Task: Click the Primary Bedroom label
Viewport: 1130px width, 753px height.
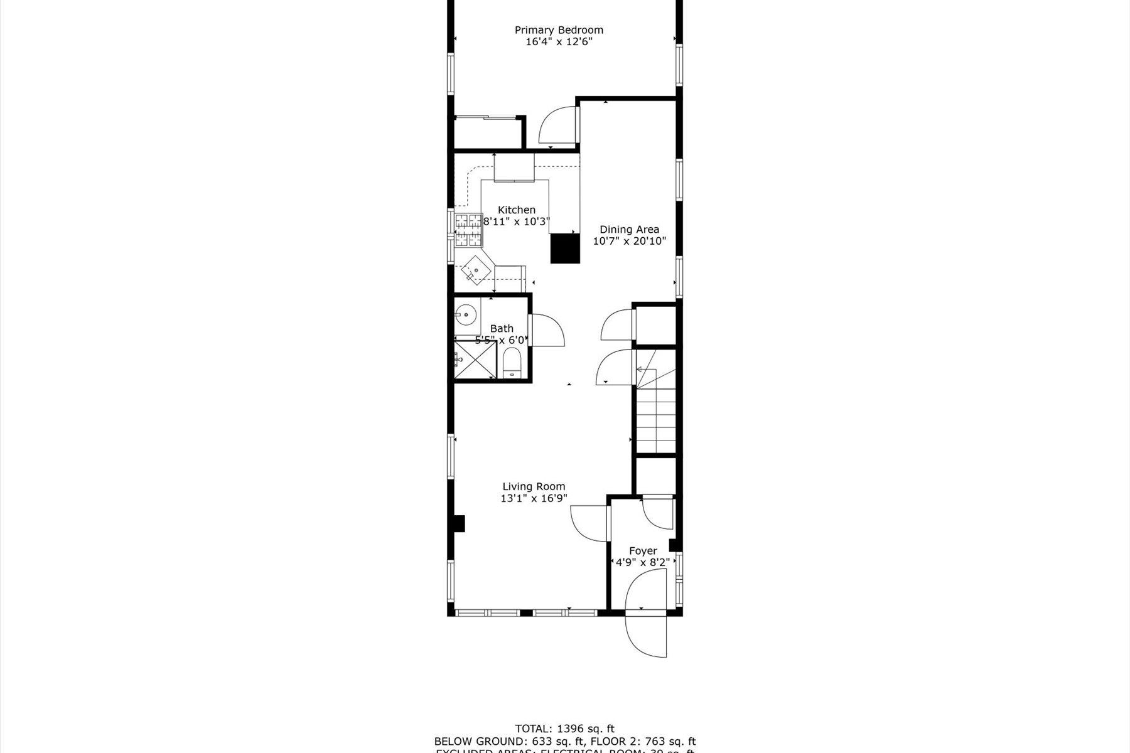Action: point(559,30)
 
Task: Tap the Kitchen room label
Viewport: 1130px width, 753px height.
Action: point(517,210)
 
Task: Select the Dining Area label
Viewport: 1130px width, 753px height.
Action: point(629,230)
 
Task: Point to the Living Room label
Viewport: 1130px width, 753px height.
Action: point(534,486)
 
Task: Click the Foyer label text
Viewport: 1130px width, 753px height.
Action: point(643,551)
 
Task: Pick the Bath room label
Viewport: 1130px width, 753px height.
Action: point(502,328)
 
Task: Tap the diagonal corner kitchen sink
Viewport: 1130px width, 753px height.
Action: point(475,270)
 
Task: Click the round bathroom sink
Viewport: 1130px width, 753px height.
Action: point(466,314)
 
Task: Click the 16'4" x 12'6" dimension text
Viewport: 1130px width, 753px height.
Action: point(559,42)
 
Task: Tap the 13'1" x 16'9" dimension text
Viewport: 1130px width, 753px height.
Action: point(534,498)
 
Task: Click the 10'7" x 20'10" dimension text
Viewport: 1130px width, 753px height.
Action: point(629,241)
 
